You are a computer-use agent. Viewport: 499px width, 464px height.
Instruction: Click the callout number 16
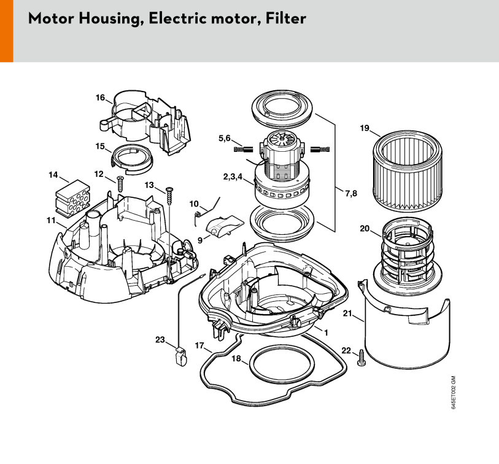pos(100,97)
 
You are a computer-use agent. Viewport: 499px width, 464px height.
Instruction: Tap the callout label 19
pos(365,128)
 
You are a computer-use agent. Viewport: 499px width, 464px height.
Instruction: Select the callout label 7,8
pos(351,193)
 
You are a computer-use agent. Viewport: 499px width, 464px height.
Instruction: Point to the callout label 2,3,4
pos(233,176)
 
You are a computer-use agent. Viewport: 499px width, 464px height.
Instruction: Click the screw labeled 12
pos(120,184)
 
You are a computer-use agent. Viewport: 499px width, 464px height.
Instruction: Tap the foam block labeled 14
pos(72,197)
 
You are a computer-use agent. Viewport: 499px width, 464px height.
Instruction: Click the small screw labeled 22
pos(362,358)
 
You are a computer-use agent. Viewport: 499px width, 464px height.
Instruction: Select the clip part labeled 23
pos(181,356)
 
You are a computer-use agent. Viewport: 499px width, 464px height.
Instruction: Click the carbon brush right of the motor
pos(320,149)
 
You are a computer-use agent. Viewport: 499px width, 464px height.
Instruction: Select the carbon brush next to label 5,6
pos(243,149)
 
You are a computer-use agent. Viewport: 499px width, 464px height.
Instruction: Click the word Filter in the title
pos(286,18)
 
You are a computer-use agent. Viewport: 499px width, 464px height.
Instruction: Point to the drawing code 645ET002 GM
pos(454,392)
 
